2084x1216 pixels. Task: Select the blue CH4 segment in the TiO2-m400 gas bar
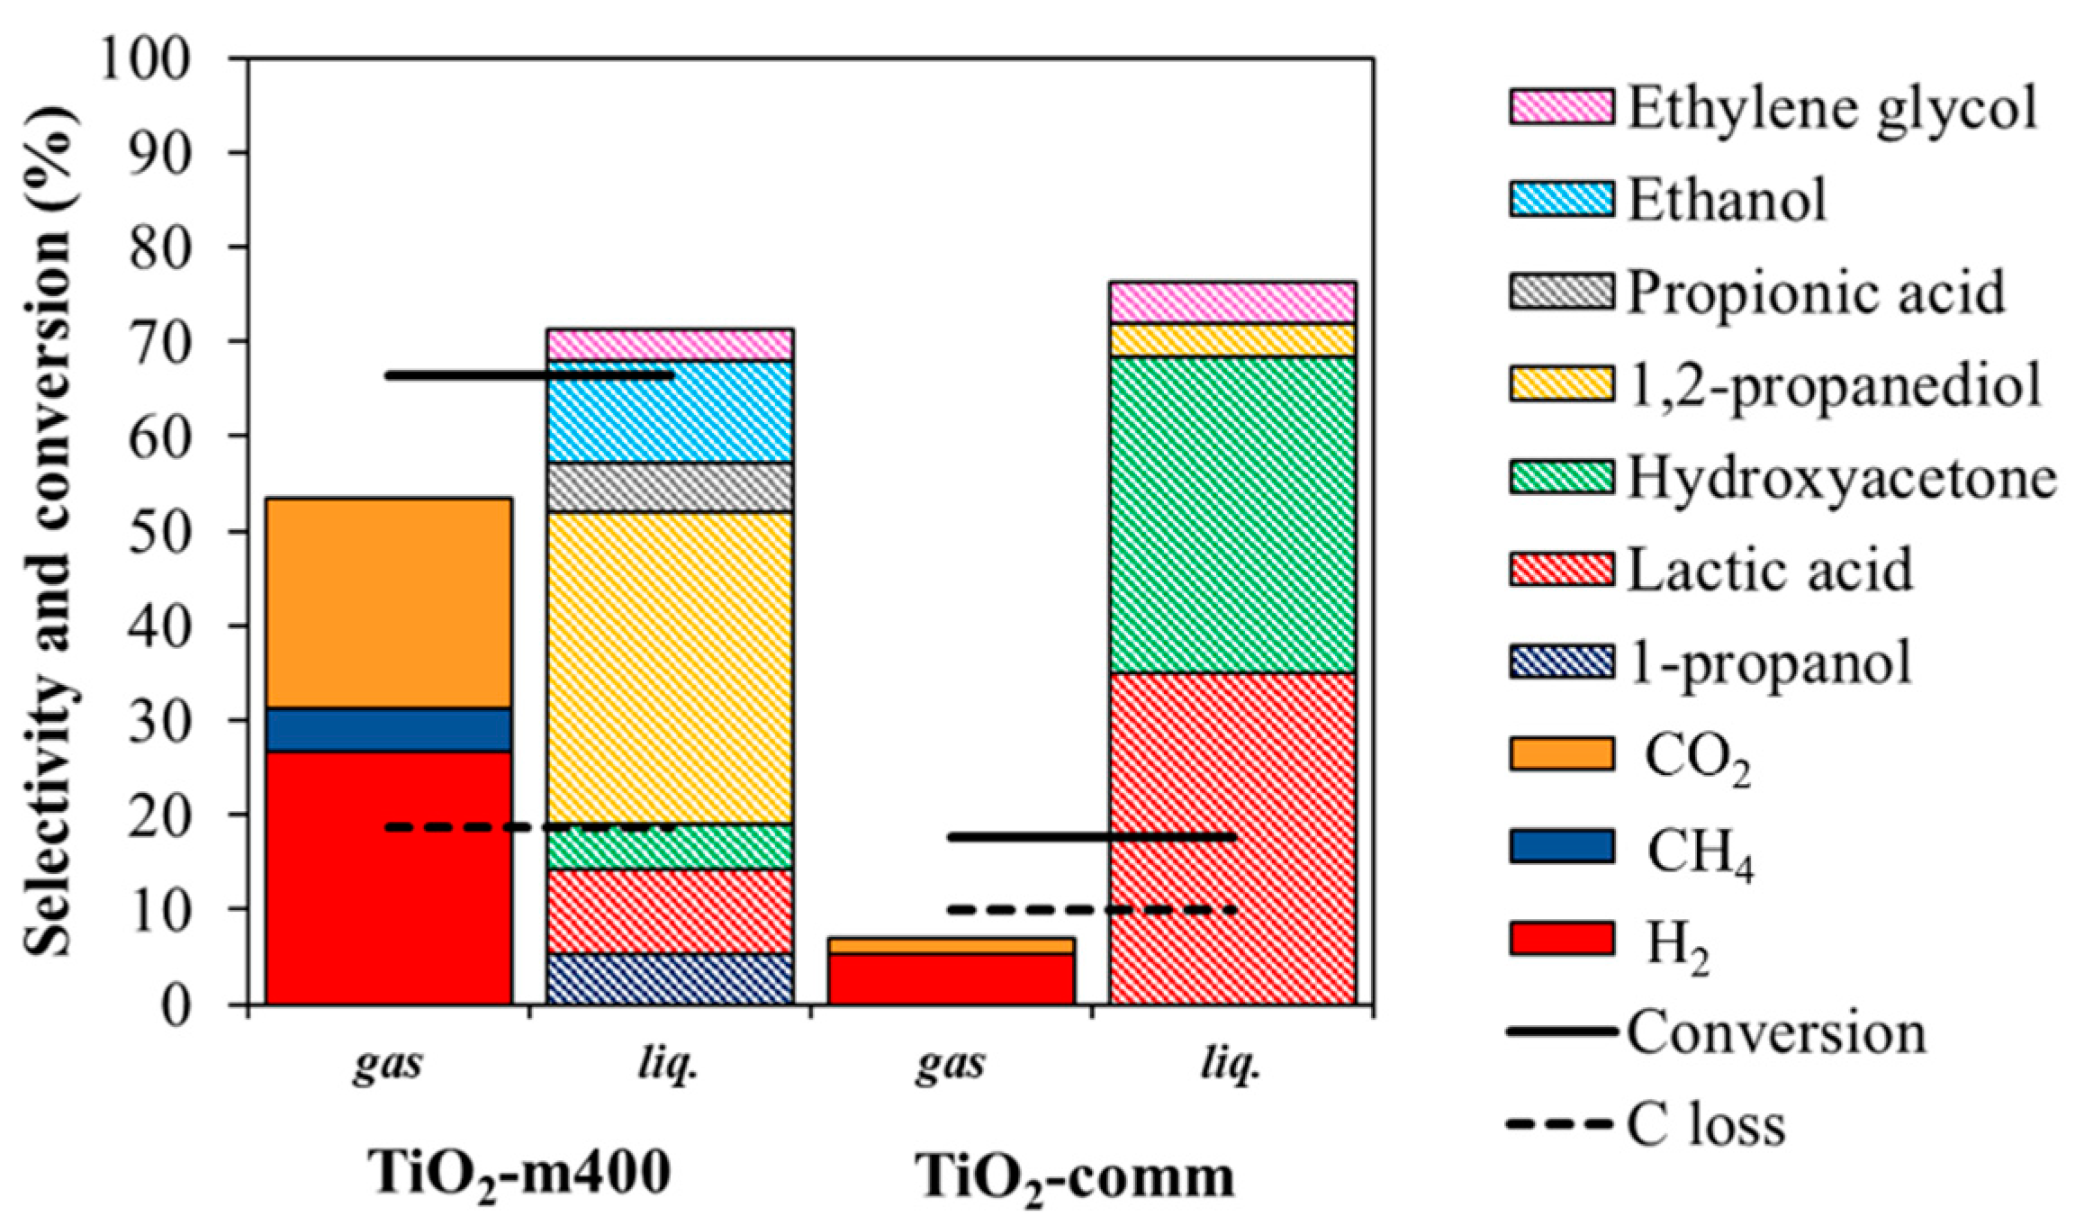tap(388, 729)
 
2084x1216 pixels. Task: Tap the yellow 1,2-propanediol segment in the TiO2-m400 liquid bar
tap(670, 667)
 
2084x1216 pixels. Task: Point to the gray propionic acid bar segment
tap(670, 487)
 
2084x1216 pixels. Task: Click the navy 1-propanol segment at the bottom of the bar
tap(670, 978)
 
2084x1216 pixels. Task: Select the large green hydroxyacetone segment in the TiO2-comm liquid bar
tap(1232, 514)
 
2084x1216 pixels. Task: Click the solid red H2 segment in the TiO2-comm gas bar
tap(951, 978)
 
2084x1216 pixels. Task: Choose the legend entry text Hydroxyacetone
tap(1841, 478)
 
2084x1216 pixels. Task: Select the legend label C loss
tap(1705, 1125)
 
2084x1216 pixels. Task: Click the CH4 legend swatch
tap(1561, 847)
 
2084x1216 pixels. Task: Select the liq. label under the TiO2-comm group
tap(1230, 1065)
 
